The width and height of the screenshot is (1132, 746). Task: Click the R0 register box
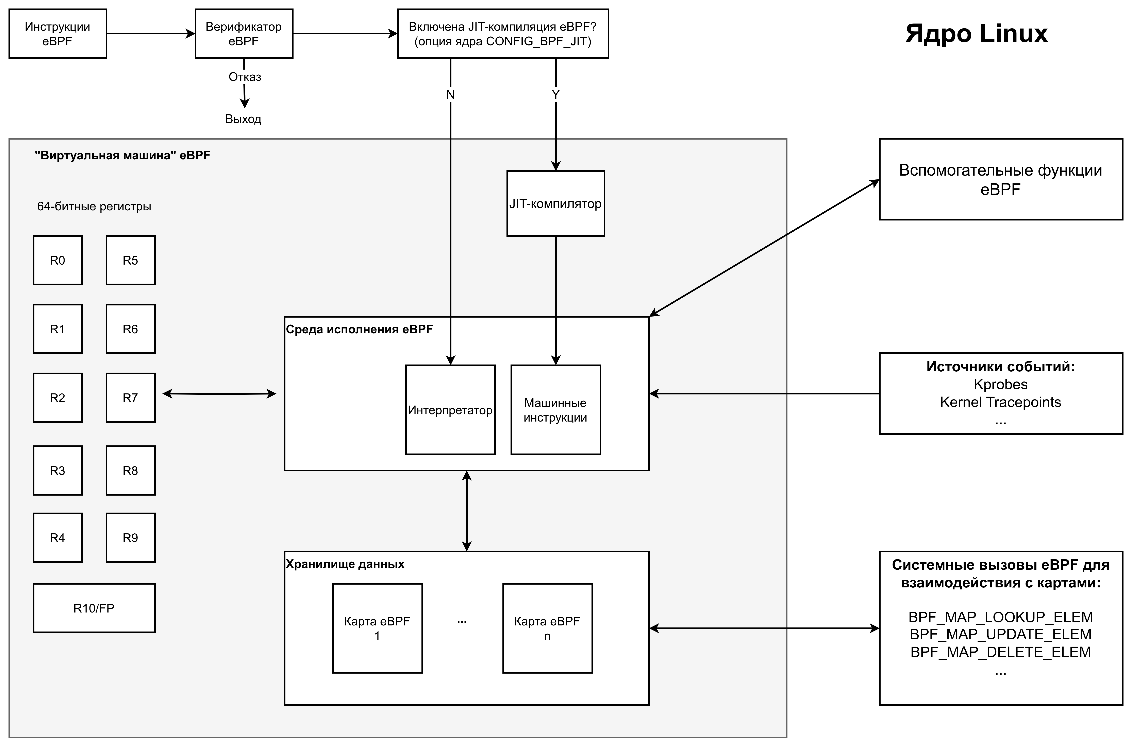point(58,260)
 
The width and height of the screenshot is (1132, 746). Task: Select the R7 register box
point(130,398)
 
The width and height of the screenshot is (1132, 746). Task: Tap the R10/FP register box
point(94,608)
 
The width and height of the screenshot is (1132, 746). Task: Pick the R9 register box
point(130,538)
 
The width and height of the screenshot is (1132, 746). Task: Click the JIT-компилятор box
point(555,204)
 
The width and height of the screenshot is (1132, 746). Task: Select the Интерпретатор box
point(450,410)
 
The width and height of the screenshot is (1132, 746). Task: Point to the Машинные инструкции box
point(555,410)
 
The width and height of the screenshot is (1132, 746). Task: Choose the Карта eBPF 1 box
point(378,628)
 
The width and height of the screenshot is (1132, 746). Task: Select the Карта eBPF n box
point(547,628)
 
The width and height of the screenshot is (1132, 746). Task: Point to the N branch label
point(450,95)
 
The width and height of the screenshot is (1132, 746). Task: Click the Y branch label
point(555,95)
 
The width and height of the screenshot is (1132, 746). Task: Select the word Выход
point(243,119)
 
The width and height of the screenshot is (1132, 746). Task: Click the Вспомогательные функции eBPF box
point(1001,179)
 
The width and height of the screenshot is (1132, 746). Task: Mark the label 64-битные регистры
point(94,207)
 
